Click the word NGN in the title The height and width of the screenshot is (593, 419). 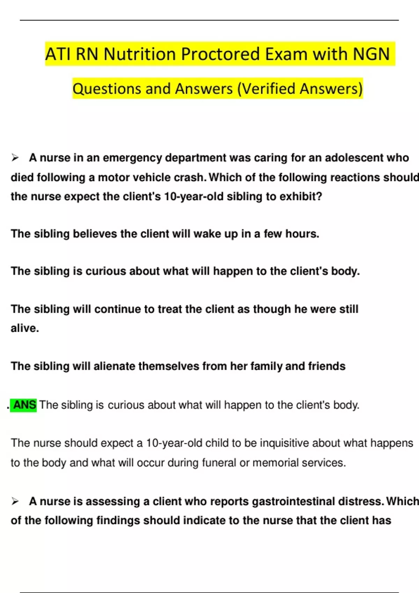pyautogui.click(x=371, y=54)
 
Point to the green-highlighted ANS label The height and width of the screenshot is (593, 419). pyautogui.click(x=24, y=405)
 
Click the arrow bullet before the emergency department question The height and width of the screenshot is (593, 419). pyautogui.click(x=15, y=158)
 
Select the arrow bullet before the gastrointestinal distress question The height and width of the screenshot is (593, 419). pyautogui.click(x=15, y=502)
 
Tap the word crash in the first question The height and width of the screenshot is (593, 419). pyautogui.click(x=190, y=178)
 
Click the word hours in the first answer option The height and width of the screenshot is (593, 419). pyautogui.click(x=302, y=234)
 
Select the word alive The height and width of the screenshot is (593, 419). pyautogui.click(x=24, y=328)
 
